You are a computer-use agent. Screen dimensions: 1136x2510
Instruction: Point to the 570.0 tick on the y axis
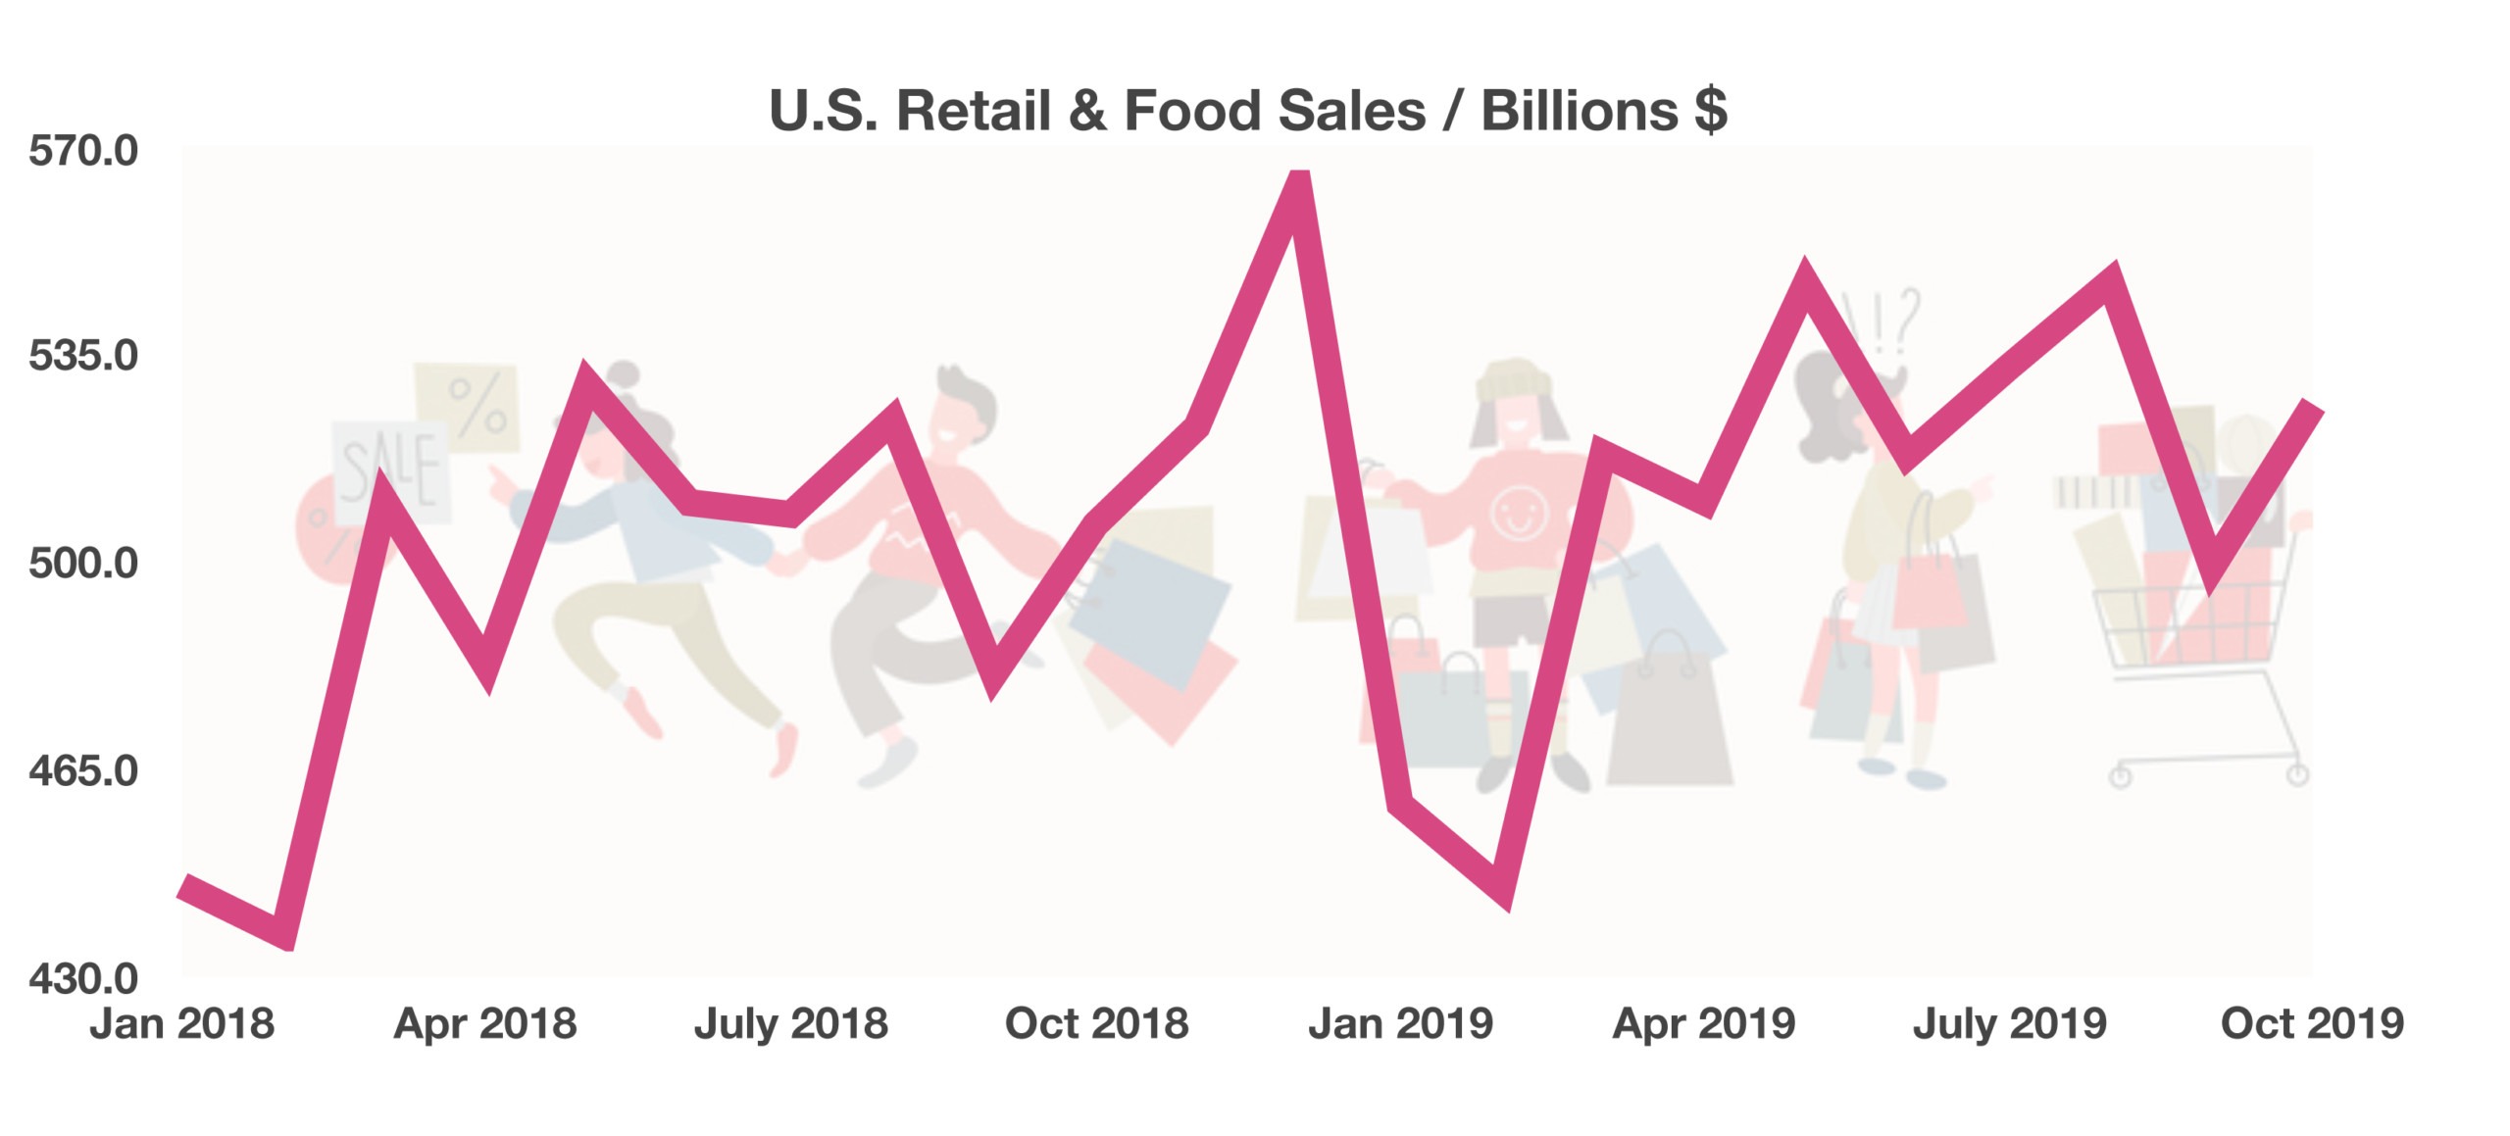83,151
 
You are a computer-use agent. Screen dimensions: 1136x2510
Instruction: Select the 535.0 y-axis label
83,356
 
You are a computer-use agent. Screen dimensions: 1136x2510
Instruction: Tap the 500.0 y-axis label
83,564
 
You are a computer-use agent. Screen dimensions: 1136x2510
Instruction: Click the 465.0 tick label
83,771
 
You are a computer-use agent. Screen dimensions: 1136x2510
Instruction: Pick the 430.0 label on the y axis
83,979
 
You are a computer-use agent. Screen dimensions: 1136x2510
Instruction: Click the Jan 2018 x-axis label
182,1024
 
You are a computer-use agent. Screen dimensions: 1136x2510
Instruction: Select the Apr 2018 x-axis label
485,1024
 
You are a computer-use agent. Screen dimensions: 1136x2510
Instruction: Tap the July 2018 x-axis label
791,1024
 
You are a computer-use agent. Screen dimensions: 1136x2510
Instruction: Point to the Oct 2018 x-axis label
1096,1024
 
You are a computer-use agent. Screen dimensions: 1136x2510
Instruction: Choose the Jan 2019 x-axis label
1400,1024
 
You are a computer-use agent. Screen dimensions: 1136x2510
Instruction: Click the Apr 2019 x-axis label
1704,1024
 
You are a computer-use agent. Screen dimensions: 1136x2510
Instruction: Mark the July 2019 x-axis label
2010,1024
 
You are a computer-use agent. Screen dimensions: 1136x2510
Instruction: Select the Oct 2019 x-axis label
2312,1024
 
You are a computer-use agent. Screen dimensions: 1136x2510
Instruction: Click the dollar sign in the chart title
1711,110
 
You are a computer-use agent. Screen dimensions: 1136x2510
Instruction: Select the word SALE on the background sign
389,470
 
